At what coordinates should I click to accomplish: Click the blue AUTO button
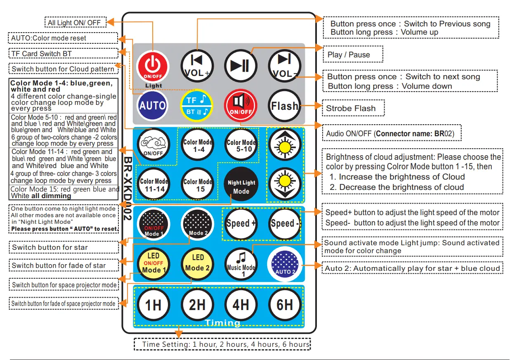(152, 106)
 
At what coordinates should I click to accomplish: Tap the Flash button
(284, 106)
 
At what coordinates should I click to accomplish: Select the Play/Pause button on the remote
(241, 66)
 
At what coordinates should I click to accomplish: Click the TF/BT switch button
(197, 106)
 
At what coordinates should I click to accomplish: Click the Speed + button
(241, 223)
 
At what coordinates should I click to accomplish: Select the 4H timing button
(241, 305)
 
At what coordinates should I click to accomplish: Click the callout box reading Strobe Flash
(353, 109)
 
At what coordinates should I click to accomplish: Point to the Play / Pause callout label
(352, 54)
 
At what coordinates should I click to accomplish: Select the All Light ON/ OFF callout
(75, 22)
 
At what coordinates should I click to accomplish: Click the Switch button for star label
(64, 247)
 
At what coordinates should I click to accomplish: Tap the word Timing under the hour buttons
(222, 323)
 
